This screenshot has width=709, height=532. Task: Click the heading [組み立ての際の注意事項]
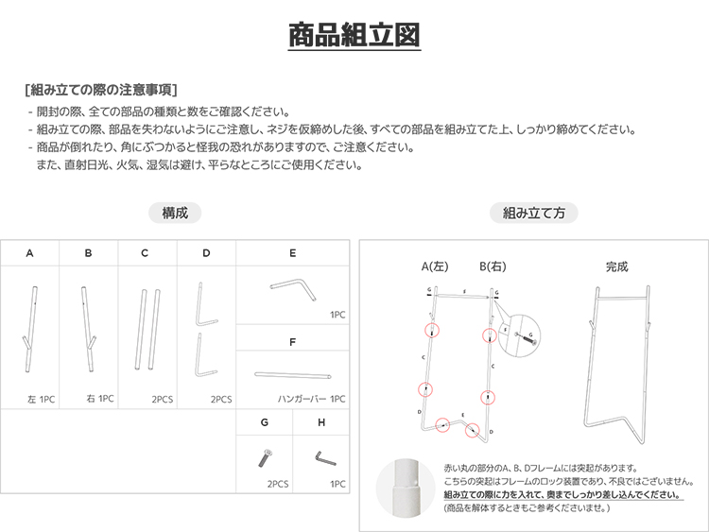(101, 91)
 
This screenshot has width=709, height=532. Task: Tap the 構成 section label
(175, 214)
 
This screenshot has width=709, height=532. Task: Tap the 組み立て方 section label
(534, 214)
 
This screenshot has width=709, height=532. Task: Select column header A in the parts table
(30, 253)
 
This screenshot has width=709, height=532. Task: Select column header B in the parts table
(88, 253)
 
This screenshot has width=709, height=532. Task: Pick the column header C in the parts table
(145, 253)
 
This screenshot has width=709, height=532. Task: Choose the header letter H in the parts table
(322, 423)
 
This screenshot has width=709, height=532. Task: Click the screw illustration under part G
(264, 458)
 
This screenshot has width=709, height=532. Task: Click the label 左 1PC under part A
(42, 400)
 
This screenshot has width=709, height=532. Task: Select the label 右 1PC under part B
(99, 400)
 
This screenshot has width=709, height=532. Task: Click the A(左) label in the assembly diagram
(436, 266)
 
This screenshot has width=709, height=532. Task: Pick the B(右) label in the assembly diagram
(493, 266)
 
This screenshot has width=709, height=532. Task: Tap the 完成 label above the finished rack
(616, 266)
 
